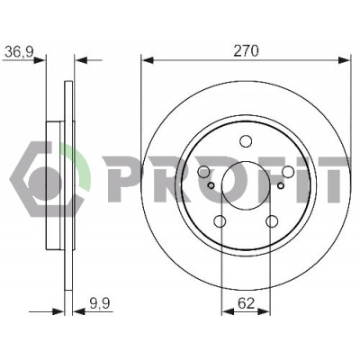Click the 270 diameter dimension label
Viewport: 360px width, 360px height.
pyautogui.click(x=246, y=51)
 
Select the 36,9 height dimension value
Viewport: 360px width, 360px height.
pyautogui.click(x=19, y=52)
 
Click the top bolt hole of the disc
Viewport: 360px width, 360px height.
pyautogui.click(x=246, y=141)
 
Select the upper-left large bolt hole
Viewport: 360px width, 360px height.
pyautogui.click(x=203, y=172)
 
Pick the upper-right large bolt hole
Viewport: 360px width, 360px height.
pyautogui.click(x=288, y=172)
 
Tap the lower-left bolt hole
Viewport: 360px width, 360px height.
pyautogui.click(x=220, y=221)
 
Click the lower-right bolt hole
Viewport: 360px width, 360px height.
pyautogui.click(x=272, y=221)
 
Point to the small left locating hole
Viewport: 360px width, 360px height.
pyautogui.click(x=211, y=185)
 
